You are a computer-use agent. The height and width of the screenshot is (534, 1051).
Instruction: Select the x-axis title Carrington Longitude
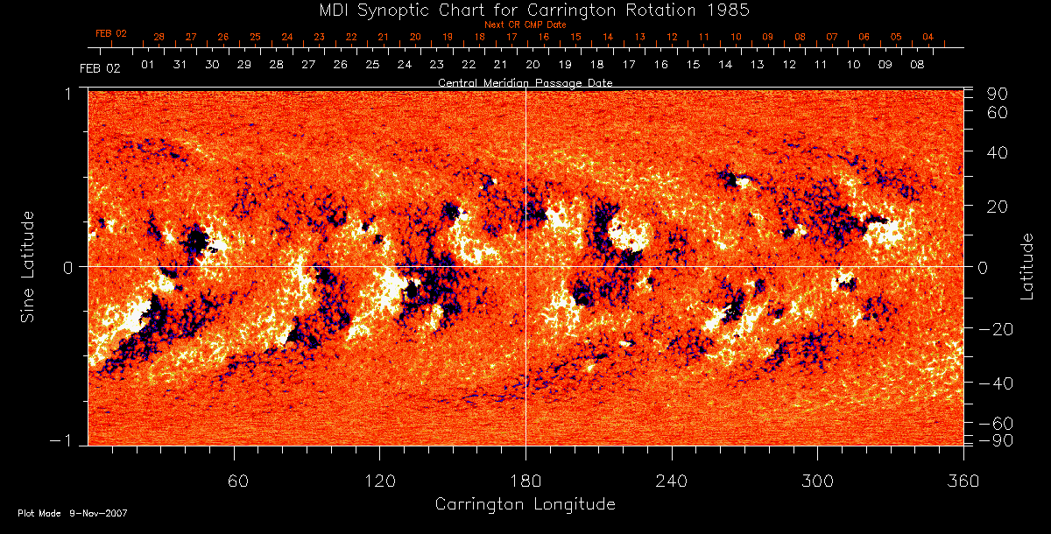point(525,504)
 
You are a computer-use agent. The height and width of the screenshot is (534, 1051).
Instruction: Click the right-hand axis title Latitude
point(1027,267)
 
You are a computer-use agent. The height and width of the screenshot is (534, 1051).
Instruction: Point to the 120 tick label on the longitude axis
point(379,481)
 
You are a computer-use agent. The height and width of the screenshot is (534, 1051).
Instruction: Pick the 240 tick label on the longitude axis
point(671,481)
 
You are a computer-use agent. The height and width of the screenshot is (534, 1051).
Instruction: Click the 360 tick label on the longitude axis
point(963,481)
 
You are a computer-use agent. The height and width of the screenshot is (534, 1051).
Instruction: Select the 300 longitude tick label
point(817,481)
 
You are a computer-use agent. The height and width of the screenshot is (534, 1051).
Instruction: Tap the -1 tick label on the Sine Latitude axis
point(60,440)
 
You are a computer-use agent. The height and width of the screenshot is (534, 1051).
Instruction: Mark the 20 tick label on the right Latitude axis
point(999,207)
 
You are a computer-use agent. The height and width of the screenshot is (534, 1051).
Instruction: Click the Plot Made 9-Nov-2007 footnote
point(73,513)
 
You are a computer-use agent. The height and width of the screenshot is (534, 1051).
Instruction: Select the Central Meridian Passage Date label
point(525,83)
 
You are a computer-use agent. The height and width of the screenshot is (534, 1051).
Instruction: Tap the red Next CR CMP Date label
point(525,25)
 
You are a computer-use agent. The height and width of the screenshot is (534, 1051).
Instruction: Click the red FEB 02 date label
point(111,33)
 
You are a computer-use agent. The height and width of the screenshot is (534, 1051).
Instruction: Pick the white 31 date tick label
point(180,65)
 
